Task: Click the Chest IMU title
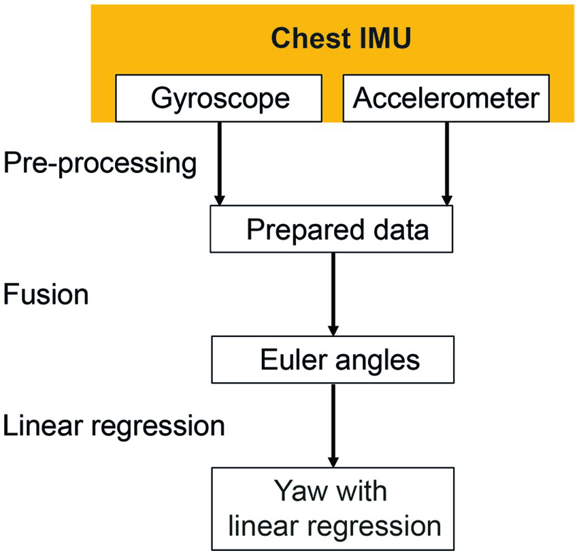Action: click(340, 38)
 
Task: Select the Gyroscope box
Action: click(220, 98)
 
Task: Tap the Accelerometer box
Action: click(445, 98)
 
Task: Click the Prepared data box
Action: click(332, 230)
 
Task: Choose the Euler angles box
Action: click(332, 360)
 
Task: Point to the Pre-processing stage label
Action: click(100, 164)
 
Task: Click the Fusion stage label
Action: click(46, 295)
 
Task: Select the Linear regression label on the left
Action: click(114, 426)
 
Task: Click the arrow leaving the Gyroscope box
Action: click(220, 163)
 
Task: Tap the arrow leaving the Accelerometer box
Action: click(446, 163)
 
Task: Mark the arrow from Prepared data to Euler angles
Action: click(333, 294)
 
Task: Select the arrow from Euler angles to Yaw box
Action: click(333, 424)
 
